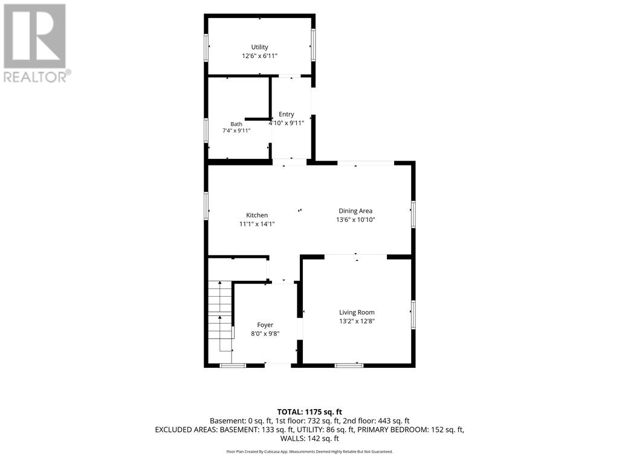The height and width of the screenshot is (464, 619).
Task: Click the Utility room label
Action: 260,47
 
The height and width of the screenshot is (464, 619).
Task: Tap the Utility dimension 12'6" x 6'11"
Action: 260,56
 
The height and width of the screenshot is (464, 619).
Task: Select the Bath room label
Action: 236,124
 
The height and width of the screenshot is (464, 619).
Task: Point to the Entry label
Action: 286,114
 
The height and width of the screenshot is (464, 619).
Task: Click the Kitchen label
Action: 257,215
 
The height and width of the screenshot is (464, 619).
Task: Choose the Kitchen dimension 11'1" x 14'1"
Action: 257,224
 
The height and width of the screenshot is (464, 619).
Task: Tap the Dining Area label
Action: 355,211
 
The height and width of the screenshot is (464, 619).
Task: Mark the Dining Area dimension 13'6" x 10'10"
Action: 355,220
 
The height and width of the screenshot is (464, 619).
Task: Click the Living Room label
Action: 357,312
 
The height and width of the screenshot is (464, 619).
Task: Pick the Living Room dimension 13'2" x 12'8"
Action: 357,321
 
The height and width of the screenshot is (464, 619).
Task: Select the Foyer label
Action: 265,324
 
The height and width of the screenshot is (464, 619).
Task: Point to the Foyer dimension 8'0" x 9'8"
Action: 265,333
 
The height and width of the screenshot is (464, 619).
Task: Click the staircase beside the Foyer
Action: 220,315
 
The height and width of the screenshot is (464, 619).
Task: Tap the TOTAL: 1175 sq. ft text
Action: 309,412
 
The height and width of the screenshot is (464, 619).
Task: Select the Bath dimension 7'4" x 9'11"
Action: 236,130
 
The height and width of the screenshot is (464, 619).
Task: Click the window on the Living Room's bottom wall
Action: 349,366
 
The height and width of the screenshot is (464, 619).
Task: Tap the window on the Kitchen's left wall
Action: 206,205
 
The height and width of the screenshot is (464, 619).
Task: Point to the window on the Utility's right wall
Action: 313,45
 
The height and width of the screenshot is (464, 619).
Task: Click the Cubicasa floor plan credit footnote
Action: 309,451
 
